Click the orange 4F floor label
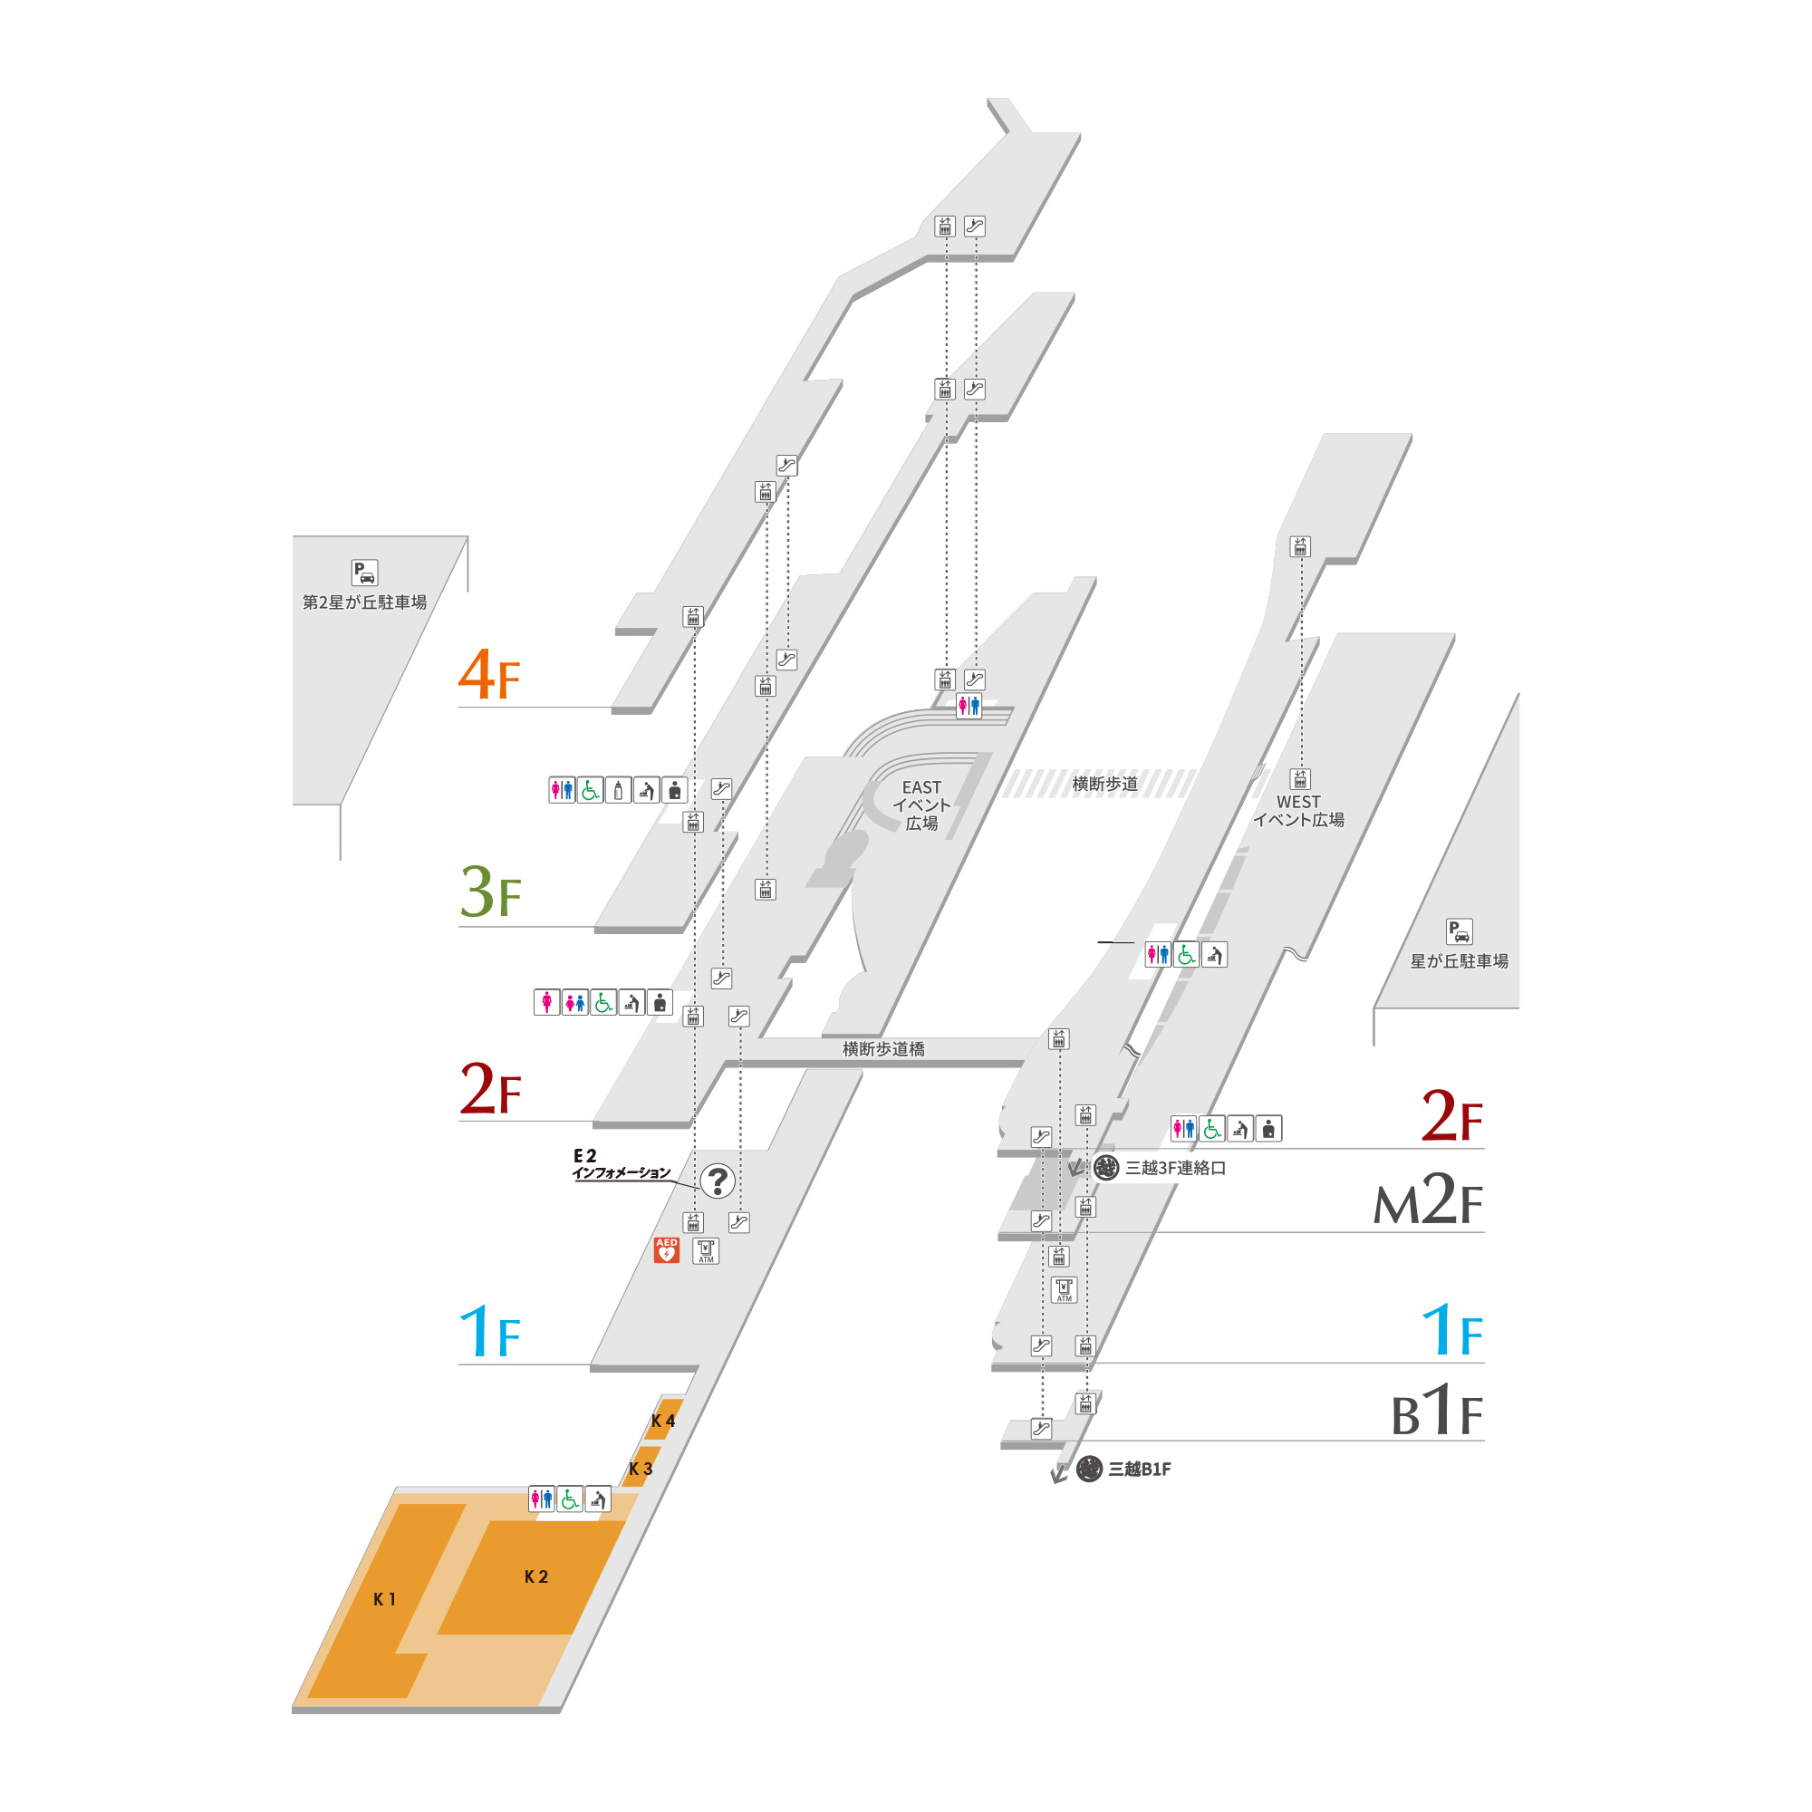pyautogui.click(x=488, y=674)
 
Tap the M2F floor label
pyautogui.click(x=1428, y=1200)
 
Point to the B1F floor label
pyautogui.click(x=1436, y=1410)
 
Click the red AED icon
pyautogui.click(x=666, y=1250)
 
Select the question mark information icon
pyautogui.click(x=718, y=1181)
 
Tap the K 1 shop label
pyautogui.click(x=384, y=1599)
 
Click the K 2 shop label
pyautogui.click(x=535, y=1576)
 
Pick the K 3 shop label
pyautogui.click(x=641, y=1469)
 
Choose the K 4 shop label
pyautogui.click(x=663, y=1421)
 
